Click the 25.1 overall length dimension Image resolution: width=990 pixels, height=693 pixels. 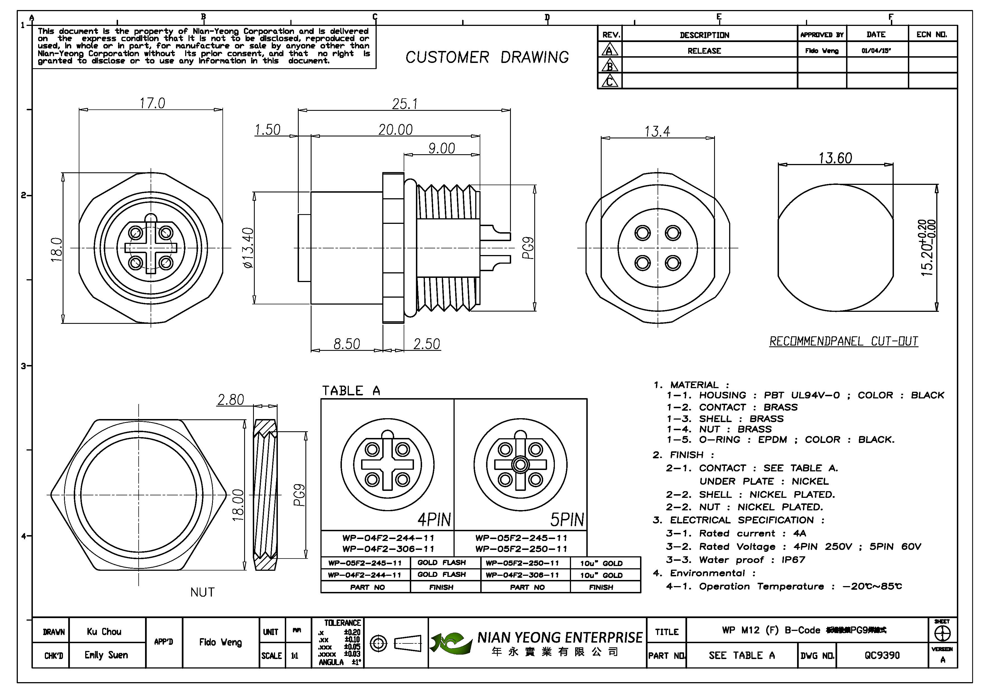click(x=405, y=104)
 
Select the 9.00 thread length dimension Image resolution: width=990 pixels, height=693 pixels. click(x=442, y=148)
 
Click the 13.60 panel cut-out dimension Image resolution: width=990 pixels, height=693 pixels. click(x=835, y=158)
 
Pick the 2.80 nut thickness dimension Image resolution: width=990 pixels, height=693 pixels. click(x=231, y=400)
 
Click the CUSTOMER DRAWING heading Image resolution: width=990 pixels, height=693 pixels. click(x=487, y=57)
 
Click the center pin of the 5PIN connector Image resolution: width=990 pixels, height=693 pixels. click(x=520, y=465)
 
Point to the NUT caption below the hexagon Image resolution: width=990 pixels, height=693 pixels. click(x=202, y=592)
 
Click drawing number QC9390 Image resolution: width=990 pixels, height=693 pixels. click(x=882, y=655)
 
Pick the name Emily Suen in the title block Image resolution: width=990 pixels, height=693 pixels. click(x=106, y=655)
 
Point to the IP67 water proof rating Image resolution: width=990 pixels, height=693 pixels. click(x=793, y=560)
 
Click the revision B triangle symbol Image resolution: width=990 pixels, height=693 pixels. click(x=609, y=66)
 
